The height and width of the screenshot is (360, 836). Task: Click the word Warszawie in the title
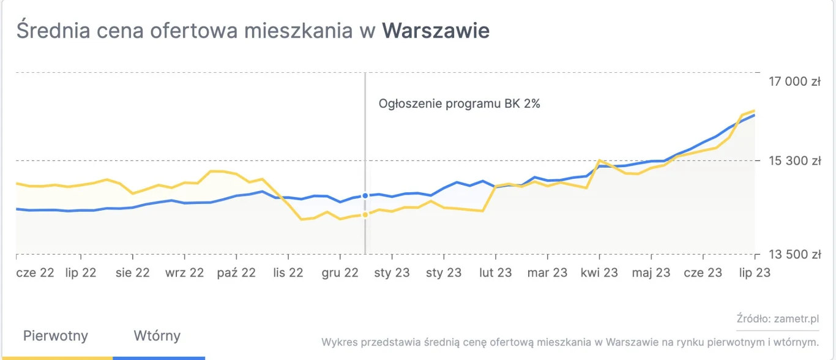tap(436, 31)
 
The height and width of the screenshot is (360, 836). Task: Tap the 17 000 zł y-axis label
tap(794, 81)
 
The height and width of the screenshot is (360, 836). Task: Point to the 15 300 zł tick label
tap(794, 161)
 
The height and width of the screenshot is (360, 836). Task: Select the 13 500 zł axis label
tap(794, 254)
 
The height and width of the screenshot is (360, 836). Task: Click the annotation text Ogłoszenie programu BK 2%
tap(460, 103)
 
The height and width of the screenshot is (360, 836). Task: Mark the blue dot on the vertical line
tap(365, 195)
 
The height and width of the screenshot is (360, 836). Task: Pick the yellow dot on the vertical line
tap(365, 214)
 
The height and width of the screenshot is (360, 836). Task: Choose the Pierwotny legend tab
tap(56, 336)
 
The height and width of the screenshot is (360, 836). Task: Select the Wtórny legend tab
tap(157, 336)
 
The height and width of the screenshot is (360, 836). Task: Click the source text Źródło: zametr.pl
tap(777, 319)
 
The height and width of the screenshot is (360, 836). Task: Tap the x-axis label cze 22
tap(35, 272)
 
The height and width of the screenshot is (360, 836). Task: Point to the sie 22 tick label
tap(133, 272)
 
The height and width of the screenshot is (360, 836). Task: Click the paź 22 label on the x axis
tap(236, 272)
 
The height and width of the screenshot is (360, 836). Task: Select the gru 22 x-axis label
tap(340, 272)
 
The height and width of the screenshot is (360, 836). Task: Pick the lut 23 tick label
tap(496, 272)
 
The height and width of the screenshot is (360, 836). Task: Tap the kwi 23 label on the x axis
tap(599, 272)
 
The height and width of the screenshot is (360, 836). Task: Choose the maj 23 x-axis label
tap(651, 272)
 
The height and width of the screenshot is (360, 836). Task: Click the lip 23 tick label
tap(753, 272)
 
